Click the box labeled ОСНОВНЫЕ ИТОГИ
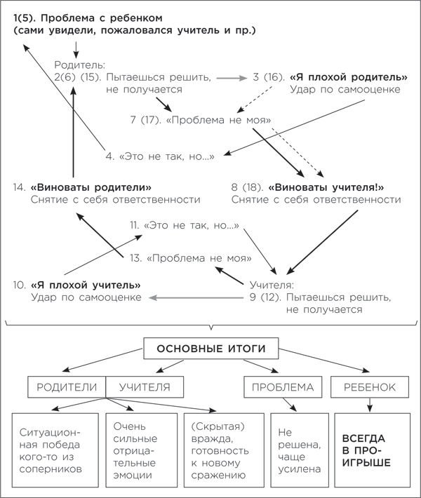[211, 349]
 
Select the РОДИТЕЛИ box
[67, 386]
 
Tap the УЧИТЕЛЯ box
[145, 386]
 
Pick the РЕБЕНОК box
[370, 386]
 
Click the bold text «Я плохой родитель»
[349, 76]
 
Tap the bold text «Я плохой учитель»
[85, 285]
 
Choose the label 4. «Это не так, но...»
[160, 156]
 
